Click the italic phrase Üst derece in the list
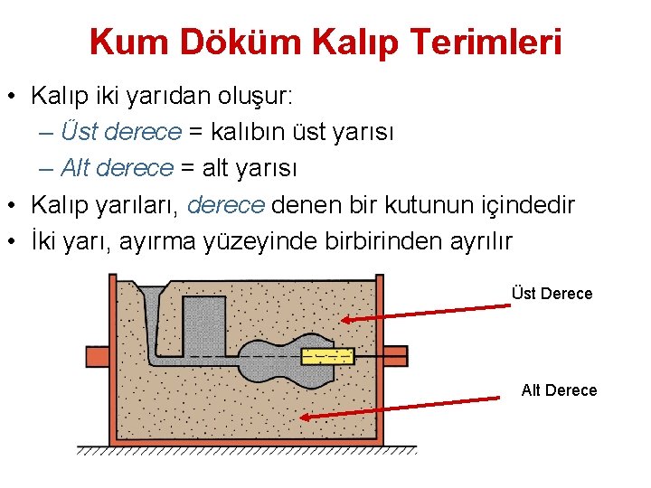pos(121,132)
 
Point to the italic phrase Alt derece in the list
pos(116,168)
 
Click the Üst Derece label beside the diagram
pos(552,293)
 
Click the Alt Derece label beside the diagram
pos(559,389)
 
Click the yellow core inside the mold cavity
pos(326,355)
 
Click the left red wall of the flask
pos(115,361)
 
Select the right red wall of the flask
pos(378,361)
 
